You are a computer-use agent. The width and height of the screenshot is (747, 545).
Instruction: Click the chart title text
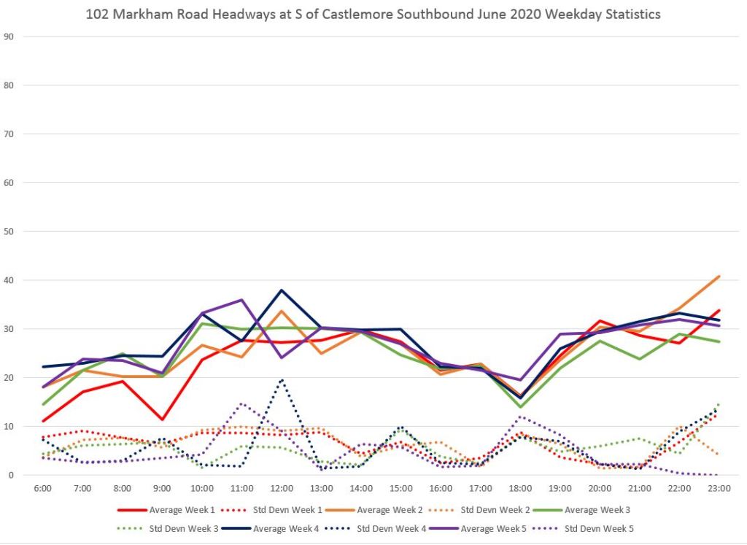point(373,14)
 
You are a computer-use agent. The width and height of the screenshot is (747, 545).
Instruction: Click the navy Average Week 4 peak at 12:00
point(282,290)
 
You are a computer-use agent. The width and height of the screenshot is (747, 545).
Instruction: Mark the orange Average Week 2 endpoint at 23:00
point(719,277)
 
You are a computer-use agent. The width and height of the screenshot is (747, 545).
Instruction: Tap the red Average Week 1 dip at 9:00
point(162,420)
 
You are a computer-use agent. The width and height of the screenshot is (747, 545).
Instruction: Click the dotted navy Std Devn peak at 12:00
point(282,379)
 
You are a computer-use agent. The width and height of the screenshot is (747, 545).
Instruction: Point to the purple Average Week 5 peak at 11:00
point(241,300)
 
